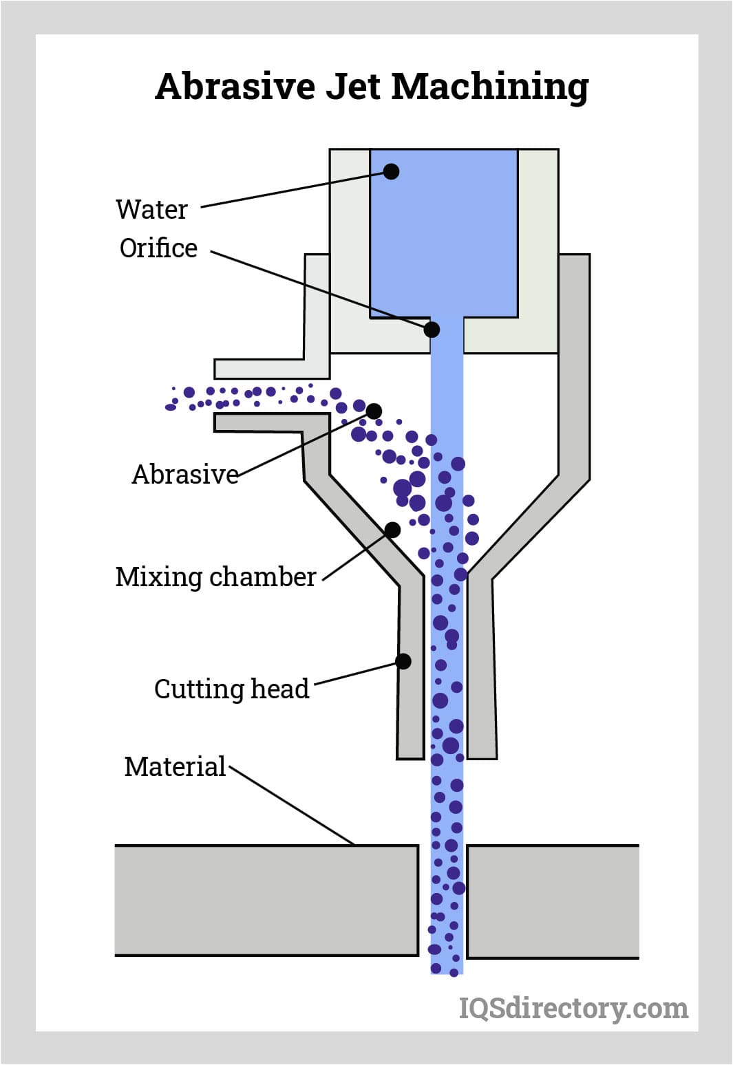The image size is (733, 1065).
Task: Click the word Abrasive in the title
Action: pyautogui.click(x=235, y=87)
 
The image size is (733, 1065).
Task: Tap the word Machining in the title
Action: pyautogui.click(x=489, y=88)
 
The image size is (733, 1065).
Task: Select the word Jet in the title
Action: pyautogui.click(x=352, y=87)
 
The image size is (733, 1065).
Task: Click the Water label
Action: pyautogui.click(x=151, y=209)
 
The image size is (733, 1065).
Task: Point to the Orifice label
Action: pyautogui.click(x=158, y=248)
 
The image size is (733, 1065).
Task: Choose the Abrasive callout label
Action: pyautogui.click(x=184, y=474)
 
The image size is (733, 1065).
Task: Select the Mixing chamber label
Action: pyautogui.click(x=215, y=577)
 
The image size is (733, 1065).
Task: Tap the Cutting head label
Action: pyautogui.click(x=231, y=689)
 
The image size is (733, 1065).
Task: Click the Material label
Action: pyautogui.click(x=175, y=766)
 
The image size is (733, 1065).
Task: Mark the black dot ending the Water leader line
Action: pyautogui.click(x=391, y=171)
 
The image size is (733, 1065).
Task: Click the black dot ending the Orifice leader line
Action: pyautogui.click(x=432, y=330)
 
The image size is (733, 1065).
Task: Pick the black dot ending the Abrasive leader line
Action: pyautogui.click(x=374, y=411)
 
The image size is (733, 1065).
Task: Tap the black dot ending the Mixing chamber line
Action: pyautogui.click(x=392, y=530)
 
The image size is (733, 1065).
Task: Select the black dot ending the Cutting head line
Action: pyautogui.click(x=403, y=661)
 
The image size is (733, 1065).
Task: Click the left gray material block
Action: pyautogui.click(x=266, y=900)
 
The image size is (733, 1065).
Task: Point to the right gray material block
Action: pyautogui.click(x=553, y=901)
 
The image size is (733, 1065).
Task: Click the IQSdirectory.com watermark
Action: pyautogui.click(x=573, y=1008)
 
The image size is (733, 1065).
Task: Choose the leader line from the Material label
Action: pyautogui.click(x=293, y=806)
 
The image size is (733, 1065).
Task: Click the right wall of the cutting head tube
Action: pyautogui.click(x=481, y=667)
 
